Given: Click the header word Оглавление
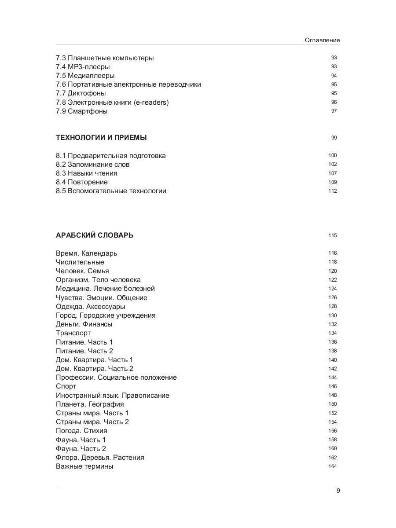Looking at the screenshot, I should click(322, 40).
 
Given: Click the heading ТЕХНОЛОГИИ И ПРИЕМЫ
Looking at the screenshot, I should click(101, 138).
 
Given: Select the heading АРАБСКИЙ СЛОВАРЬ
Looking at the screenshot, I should click(95, 235).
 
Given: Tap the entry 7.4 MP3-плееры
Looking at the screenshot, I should click(83, 67).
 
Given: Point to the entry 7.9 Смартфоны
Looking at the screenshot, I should click(82, 111).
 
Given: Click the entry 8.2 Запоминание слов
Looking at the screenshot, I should click(93, 165).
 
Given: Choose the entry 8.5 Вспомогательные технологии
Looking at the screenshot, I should click(111, 191).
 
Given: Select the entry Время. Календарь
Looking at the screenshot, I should click(87, 253).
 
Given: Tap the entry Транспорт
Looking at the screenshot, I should click(73, 333).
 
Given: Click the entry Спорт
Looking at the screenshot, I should click(66, 386).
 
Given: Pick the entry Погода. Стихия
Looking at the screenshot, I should click(81, 431).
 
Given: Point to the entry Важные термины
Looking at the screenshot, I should click(84, 466).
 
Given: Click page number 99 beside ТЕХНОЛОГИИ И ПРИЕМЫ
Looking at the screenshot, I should click(334, 138).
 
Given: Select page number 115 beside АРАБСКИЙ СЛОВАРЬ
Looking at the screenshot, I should click(332, 235).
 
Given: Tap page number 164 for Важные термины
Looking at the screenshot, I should click(332, 466).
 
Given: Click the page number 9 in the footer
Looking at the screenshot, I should click(338, 491).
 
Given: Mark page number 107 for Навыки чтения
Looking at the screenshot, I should click(332, 173).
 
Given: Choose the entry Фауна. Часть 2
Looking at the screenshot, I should click(81, 449).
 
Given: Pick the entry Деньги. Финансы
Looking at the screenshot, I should click(84, 324).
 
